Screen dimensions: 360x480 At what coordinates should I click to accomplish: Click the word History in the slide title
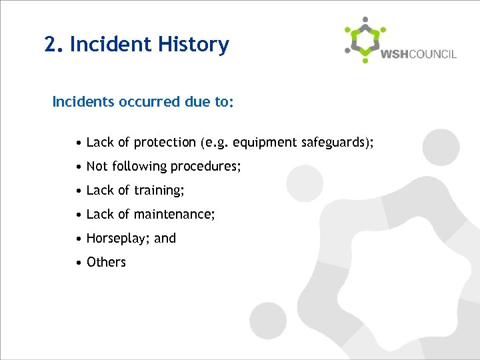click(194, 45)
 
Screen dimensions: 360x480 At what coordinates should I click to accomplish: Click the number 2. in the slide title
click(54, 45)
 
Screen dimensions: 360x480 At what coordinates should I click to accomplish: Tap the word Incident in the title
click(109, 45)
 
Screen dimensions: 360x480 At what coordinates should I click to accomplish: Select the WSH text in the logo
click(394, 55)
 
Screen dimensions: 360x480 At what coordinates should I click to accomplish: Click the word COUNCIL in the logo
click(433, 55)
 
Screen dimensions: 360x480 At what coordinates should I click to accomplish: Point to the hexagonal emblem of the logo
click(365, 40)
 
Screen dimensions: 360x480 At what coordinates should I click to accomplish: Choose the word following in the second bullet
click(140, 167)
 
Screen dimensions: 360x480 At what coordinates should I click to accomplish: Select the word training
click(159, 191)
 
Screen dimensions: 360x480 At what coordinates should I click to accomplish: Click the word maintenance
click(175, 215)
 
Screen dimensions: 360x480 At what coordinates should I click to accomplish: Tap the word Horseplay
click(117, 239)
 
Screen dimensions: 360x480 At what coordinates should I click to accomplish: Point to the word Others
click(106, 262)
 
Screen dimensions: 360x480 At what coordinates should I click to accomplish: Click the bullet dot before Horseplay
click(79, 239)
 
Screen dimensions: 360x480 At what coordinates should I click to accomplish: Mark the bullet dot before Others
click(79, 263)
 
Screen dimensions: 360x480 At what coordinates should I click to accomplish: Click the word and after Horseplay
click(165, 238)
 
